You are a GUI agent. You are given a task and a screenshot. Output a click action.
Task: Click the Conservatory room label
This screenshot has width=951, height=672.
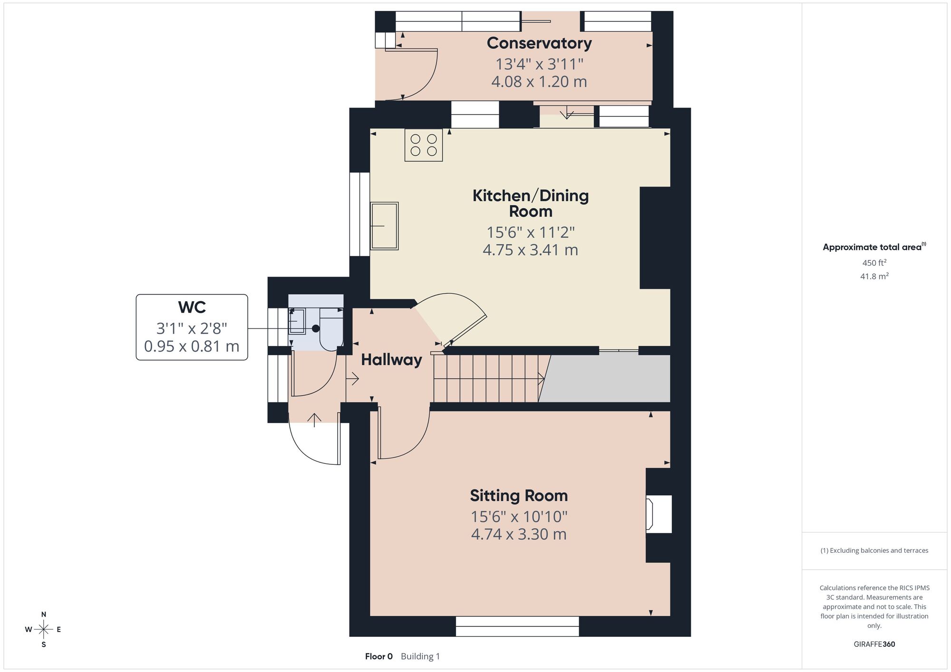[539, 43]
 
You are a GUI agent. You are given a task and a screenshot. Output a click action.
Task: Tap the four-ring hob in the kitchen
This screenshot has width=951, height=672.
[424, 145]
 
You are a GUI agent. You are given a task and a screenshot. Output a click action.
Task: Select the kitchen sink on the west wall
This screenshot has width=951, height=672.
[384, 226]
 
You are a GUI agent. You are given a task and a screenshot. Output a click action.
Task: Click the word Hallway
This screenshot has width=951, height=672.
[391, 360]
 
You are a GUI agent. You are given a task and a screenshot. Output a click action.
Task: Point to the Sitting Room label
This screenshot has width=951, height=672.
[519, 496]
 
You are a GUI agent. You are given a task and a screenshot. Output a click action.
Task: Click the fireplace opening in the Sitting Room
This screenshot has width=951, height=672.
[659, 514]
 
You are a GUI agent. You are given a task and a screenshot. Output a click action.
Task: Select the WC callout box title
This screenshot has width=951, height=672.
[192, 307]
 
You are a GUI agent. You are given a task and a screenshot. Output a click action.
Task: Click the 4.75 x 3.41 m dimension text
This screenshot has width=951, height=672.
[530, 250]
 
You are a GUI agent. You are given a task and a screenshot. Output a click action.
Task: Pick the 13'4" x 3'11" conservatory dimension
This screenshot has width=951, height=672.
[539, 64]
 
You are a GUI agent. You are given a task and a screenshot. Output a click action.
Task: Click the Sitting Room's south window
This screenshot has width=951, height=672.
[517, 626]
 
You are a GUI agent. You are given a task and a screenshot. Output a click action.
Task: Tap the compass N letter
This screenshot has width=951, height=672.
[44, 614]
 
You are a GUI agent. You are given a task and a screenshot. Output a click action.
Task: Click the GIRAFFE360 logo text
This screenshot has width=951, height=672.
[874, 644]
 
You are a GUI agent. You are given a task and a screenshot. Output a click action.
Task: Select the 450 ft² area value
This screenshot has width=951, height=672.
[874, 262]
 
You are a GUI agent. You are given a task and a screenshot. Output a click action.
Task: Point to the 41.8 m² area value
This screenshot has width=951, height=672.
[874, 276]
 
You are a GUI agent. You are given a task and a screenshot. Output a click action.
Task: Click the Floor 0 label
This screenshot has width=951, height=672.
[379, 656]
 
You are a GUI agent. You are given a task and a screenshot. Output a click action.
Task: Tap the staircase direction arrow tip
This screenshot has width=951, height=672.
[544, 379]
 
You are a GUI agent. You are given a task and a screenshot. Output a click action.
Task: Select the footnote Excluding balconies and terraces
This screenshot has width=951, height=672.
[874, 550]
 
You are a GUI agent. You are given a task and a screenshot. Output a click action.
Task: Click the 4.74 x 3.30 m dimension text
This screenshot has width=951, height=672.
[519, 534]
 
